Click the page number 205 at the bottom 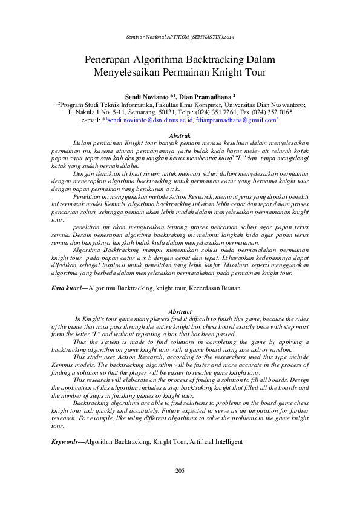(180, 471)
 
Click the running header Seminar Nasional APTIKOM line (180, 37)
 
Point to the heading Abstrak (180, 137)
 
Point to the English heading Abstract (180, 311)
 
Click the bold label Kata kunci (67, 288)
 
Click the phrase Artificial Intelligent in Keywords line (213, 442)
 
